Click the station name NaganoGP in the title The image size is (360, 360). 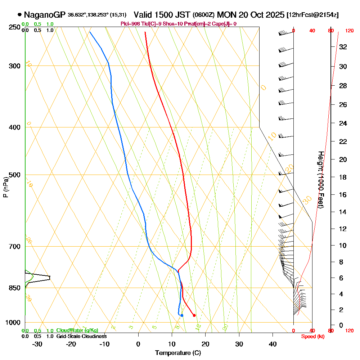click(45, 15)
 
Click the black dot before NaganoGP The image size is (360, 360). click(19, 15)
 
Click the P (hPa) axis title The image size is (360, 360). click(5, 187)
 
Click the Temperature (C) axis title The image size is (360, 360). click(178, 353)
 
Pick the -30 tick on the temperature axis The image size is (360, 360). click(37, 344)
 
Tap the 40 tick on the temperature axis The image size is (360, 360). click(273, 344)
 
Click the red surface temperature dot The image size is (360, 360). click(194, 315)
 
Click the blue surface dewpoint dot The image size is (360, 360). click(182, 315)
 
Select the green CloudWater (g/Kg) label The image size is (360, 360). click(77, 330)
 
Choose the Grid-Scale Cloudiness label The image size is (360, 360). click(81, 336)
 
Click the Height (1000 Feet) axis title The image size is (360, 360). click(320, 180)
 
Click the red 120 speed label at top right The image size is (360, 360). click(349, 31)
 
